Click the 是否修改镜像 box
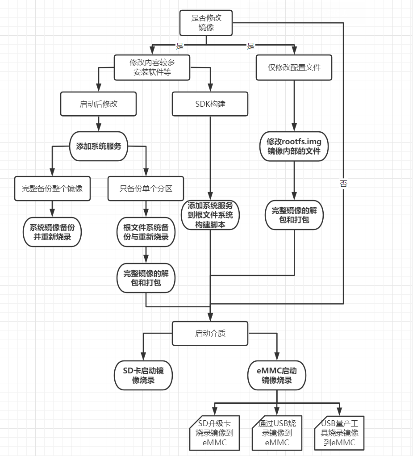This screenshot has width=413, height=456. [x=206, y=22]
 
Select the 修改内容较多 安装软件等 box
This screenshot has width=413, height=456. [x=152, y=67]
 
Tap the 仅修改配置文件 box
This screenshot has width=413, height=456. [x=294, y=67]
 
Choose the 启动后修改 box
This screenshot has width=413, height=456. [x=98, y=104]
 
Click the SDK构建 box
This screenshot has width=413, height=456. [x=210, y=104]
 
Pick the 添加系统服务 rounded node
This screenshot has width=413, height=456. [x=99, y=146]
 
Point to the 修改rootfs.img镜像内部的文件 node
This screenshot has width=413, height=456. [x=294, y=146]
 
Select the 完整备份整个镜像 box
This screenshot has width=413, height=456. [x=52, y=188]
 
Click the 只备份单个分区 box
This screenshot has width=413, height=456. [x=146, y=188]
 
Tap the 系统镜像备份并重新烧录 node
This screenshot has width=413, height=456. [x=52, y=232]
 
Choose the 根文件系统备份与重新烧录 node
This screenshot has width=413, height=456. [x=146, y=232]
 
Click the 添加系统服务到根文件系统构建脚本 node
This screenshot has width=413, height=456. [x=210, y=215]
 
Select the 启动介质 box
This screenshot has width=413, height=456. [x=210, y=333]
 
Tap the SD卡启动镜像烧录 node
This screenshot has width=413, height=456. [x=143, y=375]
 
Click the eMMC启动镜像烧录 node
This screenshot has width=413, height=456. [x=277, y=375]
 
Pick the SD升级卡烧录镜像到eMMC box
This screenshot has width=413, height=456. [x=214, y=433]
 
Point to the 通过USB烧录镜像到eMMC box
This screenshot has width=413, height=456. [x=277, y=433]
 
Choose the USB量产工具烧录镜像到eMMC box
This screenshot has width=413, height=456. [x=340, y=433]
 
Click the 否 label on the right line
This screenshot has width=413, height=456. [x=343, y=184]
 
